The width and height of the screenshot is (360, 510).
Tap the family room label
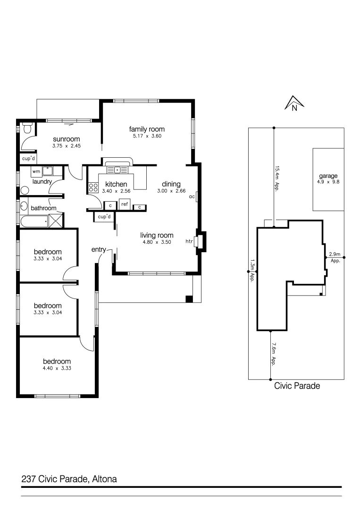point(147,129)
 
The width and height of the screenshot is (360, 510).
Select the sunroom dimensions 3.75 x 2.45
point(66,146)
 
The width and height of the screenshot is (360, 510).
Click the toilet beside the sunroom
point(27,128)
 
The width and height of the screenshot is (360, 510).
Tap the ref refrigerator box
point(125,204)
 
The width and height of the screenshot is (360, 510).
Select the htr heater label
point(189,241)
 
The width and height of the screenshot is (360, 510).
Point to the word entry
point(98,249)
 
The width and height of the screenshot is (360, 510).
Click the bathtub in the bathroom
point(34,221)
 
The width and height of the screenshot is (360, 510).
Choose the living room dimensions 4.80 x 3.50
point(156,242)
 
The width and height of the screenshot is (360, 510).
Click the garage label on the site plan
point(327,176)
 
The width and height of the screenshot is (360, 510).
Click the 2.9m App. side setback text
point(335,257)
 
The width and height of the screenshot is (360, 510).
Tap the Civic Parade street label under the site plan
point(297,386)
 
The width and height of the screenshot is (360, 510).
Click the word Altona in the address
point(104,479)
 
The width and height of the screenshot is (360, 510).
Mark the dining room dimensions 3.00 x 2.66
point(171,191)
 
